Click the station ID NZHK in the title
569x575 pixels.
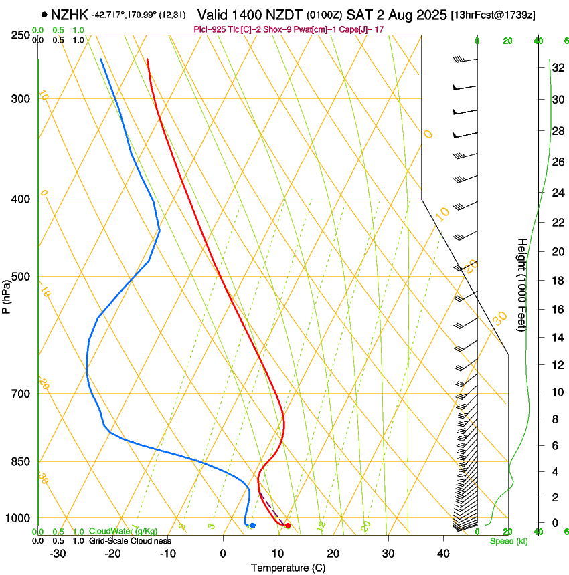click(70, 14)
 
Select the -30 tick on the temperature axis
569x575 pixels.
click(58, 554)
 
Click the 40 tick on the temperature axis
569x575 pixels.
click(443, 554)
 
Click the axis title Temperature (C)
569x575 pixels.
click(288, 568)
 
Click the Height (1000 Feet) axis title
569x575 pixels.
click(522, 285)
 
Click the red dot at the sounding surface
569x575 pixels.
click(287, 526)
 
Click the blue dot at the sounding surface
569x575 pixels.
click(252, 526)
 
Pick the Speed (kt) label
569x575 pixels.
click(508, 541)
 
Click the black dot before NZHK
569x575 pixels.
click(44, 14)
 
